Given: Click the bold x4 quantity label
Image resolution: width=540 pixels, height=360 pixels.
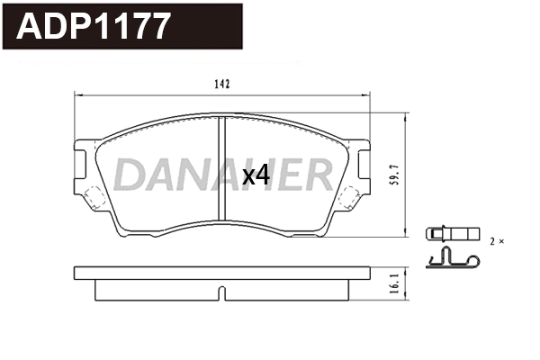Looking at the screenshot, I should (256, 175).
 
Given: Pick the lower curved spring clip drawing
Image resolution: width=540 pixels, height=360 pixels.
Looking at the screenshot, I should (452, 261).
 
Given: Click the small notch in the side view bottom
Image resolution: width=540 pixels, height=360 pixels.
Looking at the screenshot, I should (221, 292).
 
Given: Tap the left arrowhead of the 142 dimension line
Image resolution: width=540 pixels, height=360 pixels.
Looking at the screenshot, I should (76, 94).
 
